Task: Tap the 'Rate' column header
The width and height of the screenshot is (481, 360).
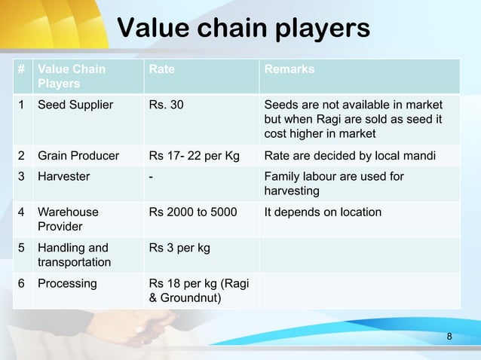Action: tap(161, 69)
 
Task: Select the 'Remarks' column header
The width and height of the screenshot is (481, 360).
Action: tap(289, 69)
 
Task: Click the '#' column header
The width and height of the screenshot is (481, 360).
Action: tap(23, 69)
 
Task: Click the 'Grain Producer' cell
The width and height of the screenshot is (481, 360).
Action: tap(78, 157)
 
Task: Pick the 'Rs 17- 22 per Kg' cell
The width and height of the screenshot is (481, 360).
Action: tap(194, 157)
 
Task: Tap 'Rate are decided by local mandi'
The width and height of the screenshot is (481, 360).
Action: tap(352, 157)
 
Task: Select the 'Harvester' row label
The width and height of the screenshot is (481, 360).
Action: tap(64, 176)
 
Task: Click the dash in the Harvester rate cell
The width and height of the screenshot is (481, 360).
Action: tap(152, 176)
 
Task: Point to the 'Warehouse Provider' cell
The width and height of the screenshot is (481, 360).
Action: tap(68, 219)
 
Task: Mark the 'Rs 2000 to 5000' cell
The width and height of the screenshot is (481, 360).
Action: tap(193, 212)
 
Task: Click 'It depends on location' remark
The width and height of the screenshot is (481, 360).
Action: tap(322, 212)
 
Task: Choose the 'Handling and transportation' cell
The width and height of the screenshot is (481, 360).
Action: tap(73, 255)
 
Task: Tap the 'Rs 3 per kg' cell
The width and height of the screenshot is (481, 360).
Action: tap(179, 248)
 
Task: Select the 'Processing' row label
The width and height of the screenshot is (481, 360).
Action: tap(67, 284)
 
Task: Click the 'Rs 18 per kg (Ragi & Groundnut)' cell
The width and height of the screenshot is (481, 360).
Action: tap(199, 291)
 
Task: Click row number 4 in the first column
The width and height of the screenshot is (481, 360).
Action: tap(23, 212)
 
